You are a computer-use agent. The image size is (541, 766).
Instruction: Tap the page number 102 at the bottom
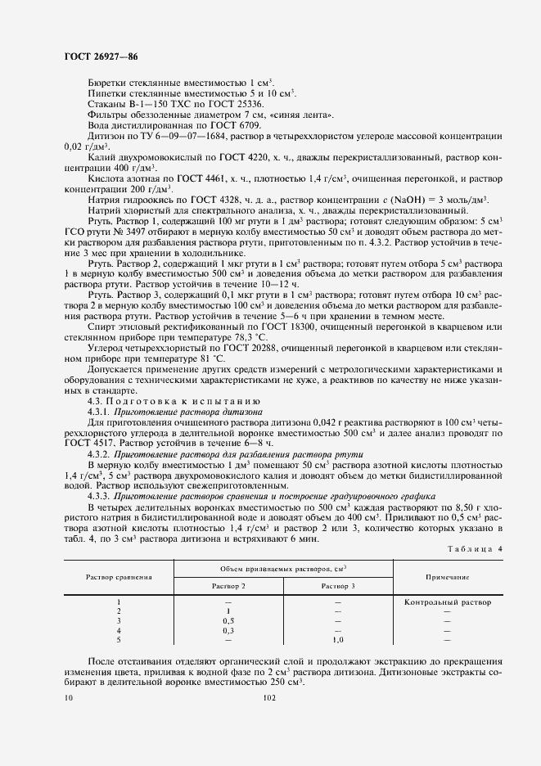click(269, 697)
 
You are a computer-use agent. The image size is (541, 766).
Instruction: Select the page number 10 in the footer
click(69, 697)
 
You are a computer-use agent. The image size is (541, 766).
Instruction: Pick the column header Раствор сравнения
click(119, 577)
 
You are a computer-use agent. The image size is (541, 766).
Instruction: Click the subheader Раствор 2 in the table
click(228, 586)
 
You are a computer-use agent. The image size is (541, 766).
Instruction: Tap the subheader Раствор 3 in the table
click(337, 586)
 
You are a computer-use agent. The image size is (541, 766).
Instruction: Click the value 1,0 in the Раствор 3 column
click(337, 640)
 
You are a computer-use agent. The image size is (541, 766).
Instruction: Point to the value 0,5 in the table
click(228, 621)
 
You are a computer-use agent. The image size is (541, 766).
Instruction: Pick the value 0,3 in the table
click(228, 631)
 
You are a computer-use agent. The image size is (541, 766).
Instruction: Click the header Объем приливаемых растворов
click(283, 567)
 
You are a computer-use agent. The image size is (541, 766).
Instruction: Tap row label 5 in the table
click(119, 640)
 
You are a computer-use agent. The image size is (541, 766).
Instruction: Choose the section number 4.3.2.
click(99, 453)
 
